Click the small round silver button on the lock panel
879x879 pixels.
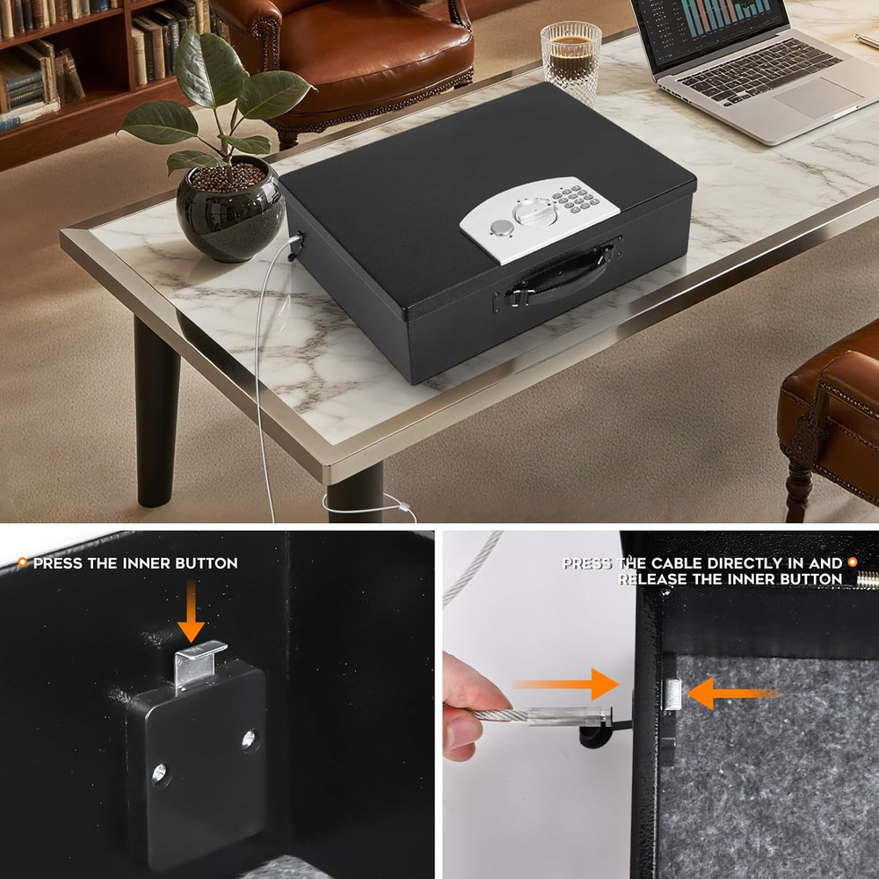[502, 229]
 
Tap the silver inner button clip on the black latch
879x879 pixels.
[200, 665]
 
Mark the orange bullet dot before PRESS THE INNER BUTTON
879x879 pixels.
[22, 563]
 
